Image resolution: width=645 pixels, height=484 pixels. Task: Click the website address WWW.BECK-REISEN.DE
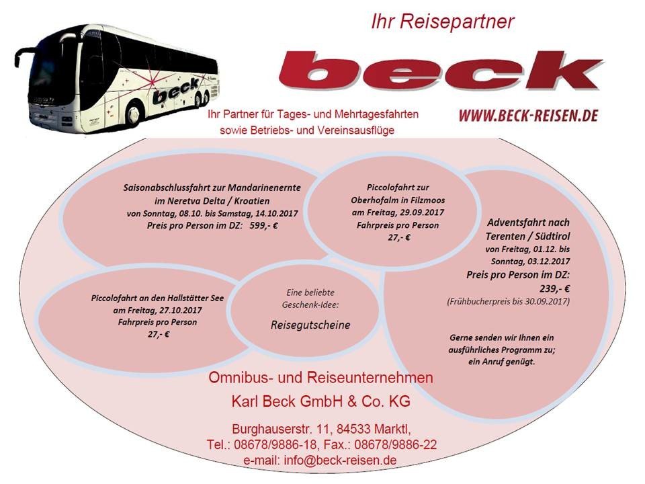pyautogui.click(x=528, y=116)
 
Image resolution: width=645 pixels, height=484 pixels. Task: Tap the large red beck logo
pyautogui.click(x=441, y=71)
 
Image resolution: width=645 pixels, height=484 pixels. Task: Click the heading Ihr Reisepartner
pyautogui.click(x=443, y=22)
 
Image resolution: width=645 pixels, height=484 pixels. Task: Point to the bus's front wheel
pyautogui.click(x=134, y=112)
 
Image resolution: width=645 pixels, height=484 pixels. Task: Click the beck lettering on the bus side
pyautogui.click(x=175, y=92)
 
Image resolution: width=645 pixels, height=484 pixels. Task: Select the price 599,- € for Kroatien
pyautogui.click(x=263, y=226)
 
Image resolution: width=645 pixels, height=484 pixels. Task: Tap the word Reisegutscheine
pyautogui.click(x=310, y=325)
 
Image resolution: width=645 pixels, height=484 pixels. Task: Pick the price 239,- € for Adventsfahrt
pyautogui.click(x=554, y=288)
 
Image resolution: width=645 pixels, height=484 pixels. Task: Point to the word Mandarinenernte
pyautogui.click(x=264, y=188)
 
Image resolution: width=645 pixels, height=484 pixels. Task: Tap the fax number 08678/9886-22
pyautogui.click(x=395, y=444)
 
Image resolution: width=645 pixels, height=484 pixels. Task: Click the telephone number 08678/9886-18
pyautogui.click(x=275, y=444)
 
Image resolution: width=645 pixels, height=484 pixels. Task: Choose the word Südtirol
pyautogui.click(x=552, y=236)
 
